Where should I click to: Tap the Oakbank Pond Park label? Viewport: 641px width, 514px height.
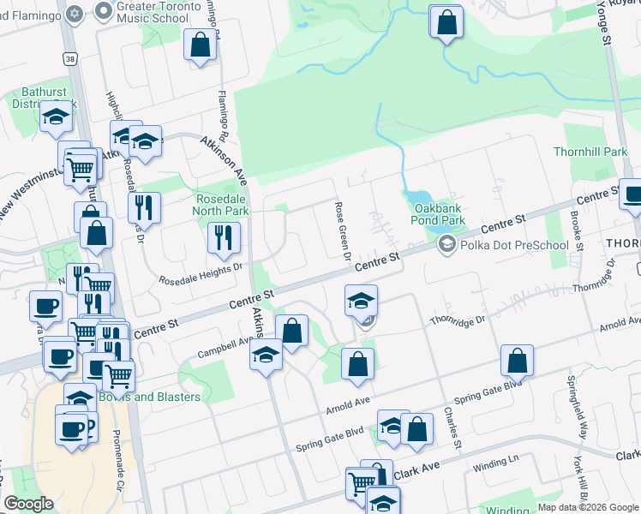(x=439, y=213)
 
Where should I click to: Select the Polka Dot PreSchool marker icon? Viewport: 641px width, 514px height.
(x=446, y=245)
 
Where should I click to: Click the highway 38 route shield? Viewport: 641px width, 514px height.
(x=69, y=57)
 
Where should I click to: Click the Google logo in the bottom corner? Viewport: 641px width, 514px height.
(x=29, y=503)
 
